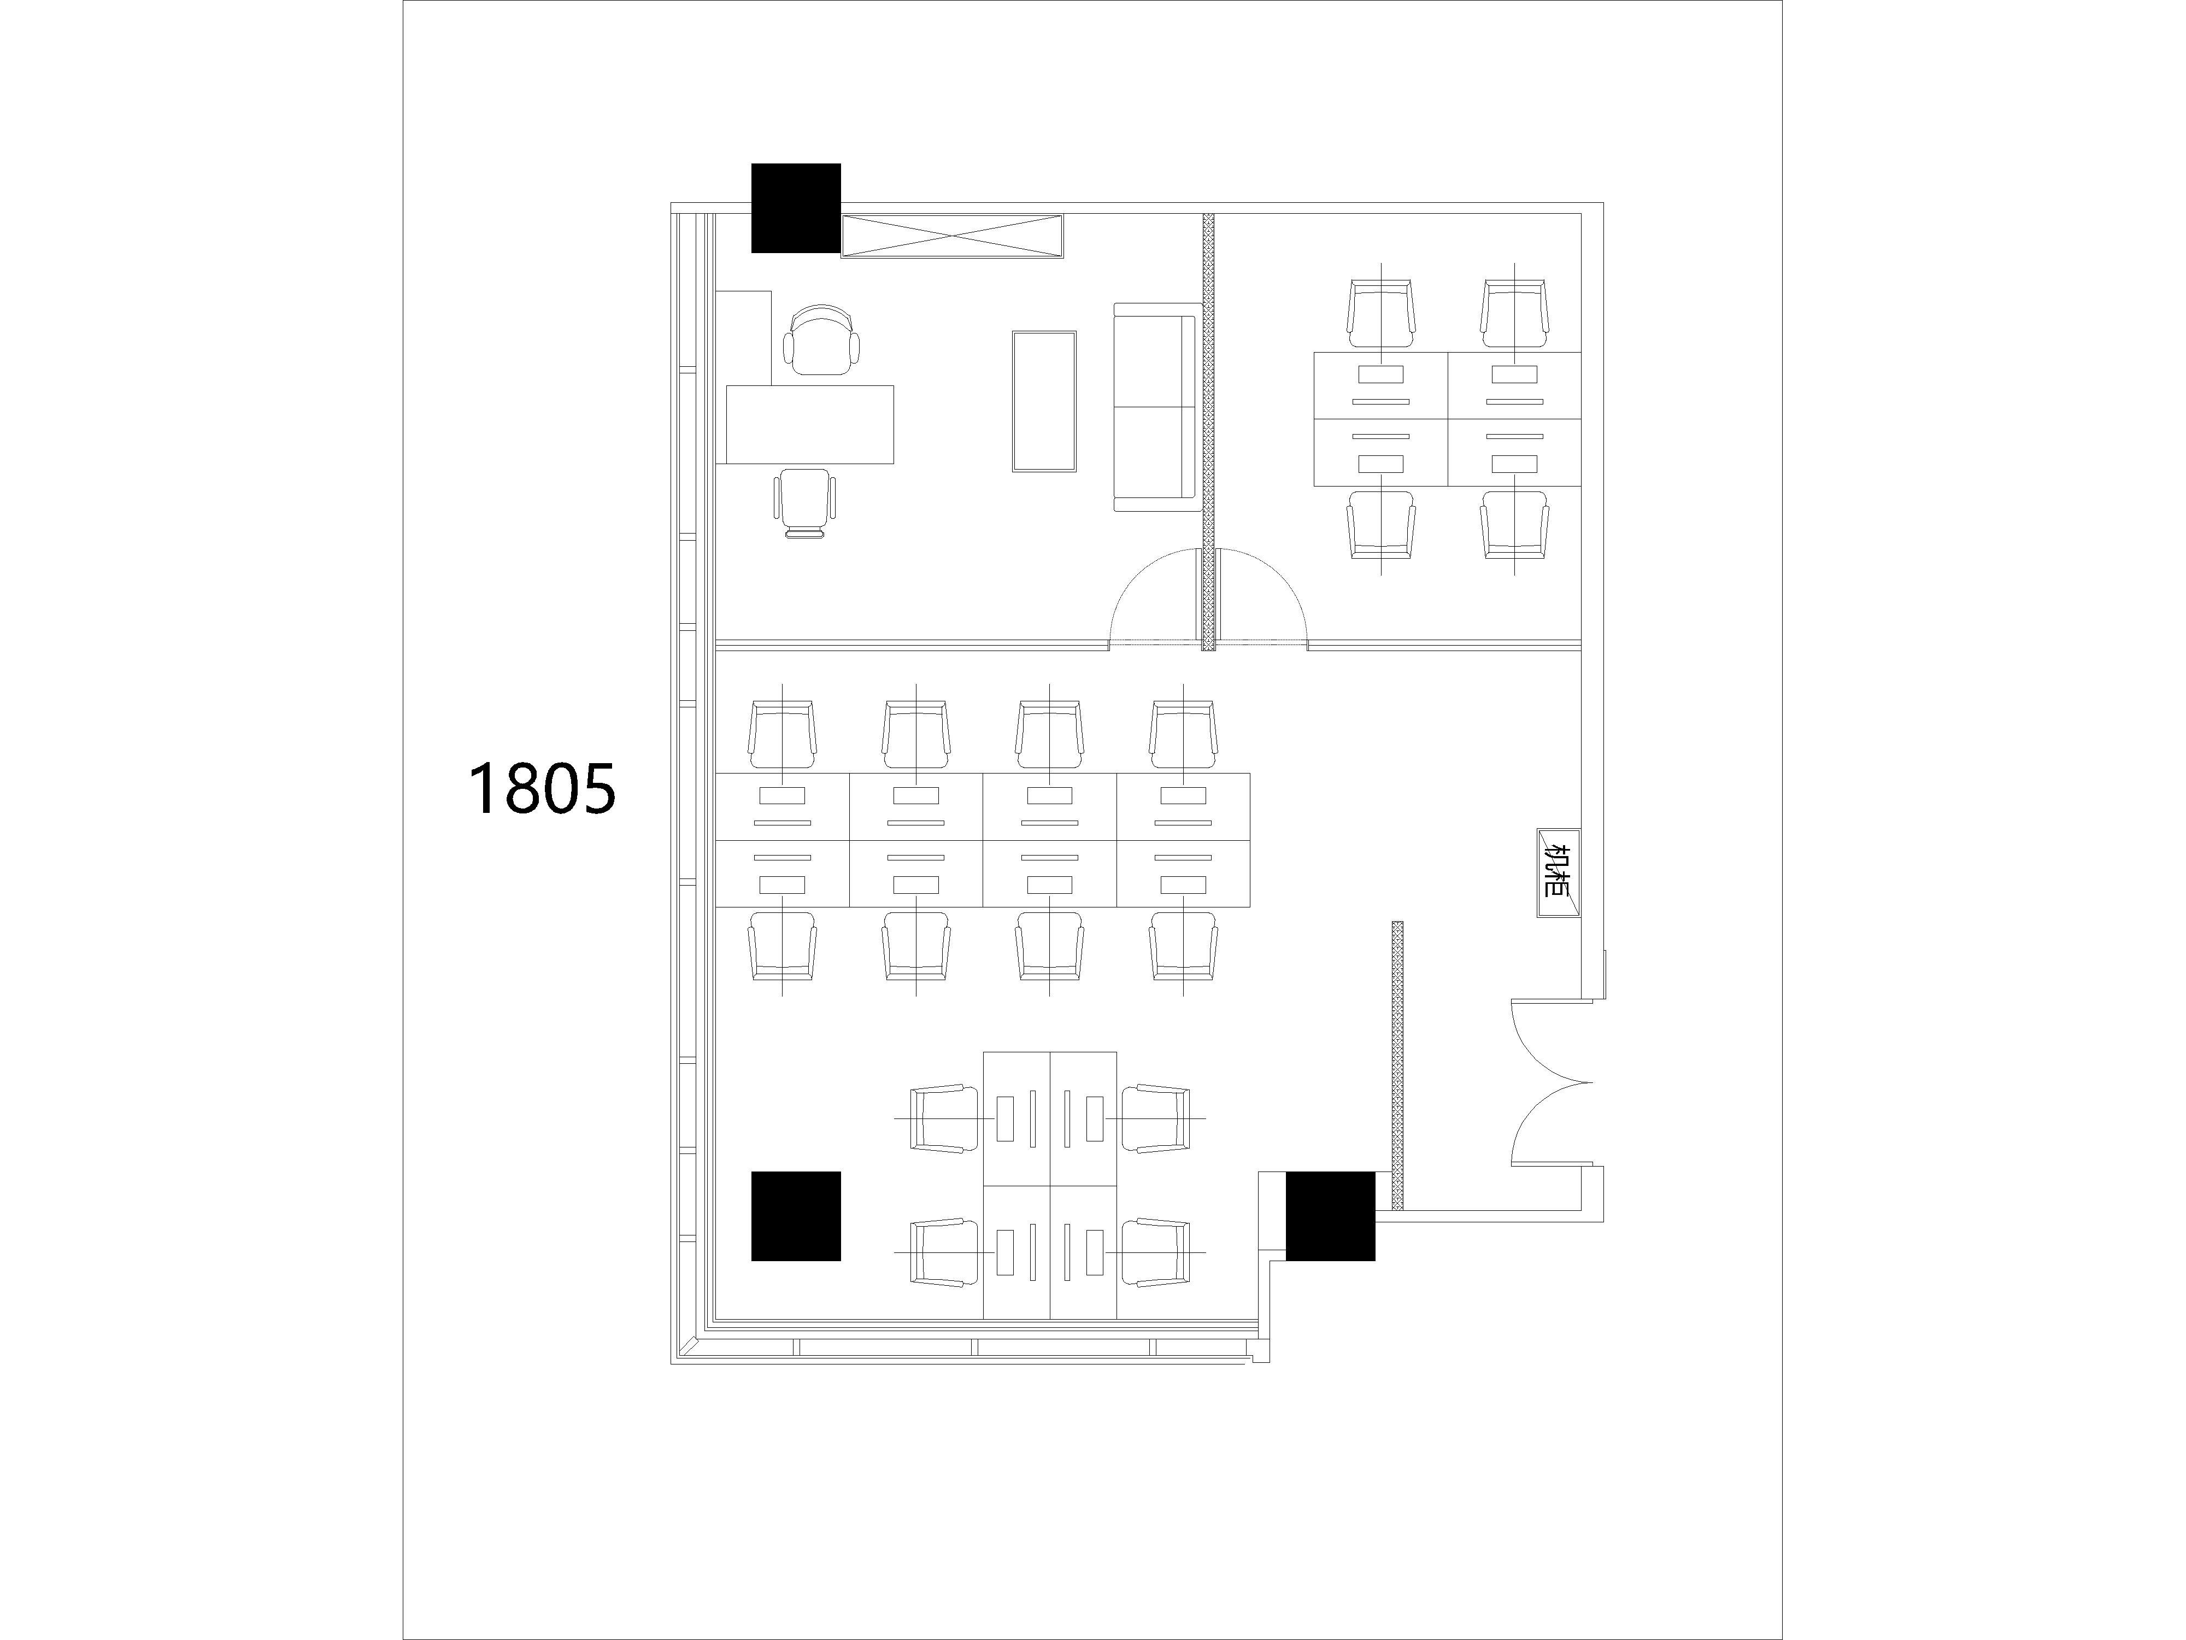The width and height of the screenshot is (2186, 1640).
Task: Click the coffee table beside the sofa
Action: [1044, 401]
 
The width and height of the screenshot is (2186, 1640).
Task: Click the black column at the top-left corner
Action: [796, 208]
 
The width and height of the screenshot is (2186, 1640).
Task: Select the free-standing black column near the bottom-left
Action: [796, 1216]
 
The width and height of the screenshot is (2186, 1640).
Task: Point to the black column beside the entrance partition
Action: [1330, 1216]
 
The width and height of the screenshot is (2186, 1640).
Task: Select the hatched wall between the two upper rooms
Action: [1208, 432]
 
